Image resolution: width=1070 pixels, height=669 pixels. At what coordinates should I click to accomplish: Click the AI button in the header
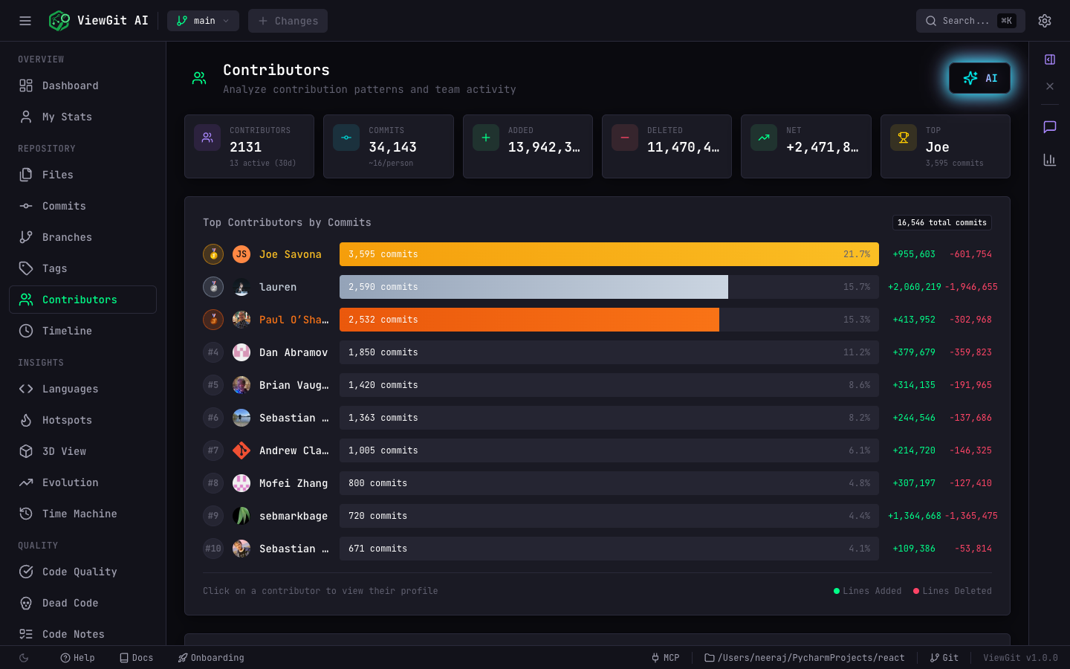(x=979, y=78)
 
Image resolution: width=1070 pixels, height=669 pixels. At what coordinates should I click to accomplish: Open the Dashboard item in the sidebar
(x=70, y=85)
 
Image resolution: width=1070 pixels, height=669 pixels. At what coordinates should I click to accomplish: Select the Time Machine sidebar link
(x=79, y=514)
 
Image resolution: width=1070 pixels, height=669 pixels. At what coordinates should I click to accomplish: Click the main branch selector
(x=203, y=21)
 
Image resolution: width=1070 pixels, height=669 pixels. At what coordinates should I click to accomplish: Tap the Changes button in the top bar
(x=288, y=21)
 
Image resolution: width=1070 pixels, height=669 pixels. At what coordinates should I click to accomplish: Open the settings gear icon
(x=1045, y=21)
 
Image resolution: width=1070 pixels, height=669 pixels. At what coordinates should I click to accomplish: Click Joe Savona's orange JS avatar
(x=241, y=254)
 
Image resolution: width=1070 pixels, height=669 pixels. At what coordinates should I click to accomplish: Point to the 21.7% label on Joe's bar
(x=857, y=254)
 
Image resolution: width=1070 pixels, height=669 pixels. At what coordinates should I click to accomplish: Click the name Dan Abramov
(x=294, y=352)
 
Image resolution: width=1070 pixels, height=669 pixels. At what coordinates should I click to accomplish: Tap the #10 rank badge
(x=213, y=549)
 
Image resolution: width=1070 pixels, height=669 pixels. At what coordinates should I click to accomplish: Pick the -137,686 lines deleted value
(x=970, y=418)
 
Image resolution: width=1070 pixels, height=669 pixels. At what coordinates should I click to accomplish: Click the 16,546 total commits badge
(x=941, y=222)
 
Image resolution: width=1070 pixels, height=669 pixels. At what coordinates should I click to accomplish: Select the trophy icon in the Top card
(x=904, y=138)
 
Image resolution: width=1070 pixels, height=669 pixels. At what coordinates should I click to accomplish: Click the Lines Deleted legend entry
(x=953, y=591)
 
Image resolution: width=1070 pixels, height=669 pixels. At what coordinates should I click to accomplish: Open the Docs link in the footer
(x=137, y=658)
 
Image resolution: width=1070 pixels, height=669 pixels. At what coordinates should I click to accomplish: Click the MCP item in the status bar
(x=666, y=658)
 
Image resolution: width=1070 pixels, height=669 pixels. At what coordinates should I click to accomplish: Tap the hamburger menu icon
(x=25, y=21)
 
